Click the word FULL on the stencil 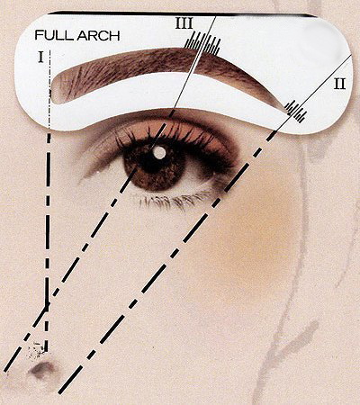pos(54,35)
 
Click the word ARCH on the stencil pos(98,35)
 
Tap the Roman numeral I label pos(40,57)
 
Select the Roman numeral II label pos(340,84)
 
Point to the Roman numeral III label pos(184,23)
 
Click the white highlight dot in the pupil pos(159,152)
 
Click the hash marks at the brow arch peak pos(202,43)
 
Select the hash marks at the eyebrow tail pos(295,112)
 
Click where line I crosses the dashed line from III pos(47,304)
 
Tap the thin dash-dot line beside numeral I pos(49,88)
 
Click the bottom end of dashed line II pos(60,392)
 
